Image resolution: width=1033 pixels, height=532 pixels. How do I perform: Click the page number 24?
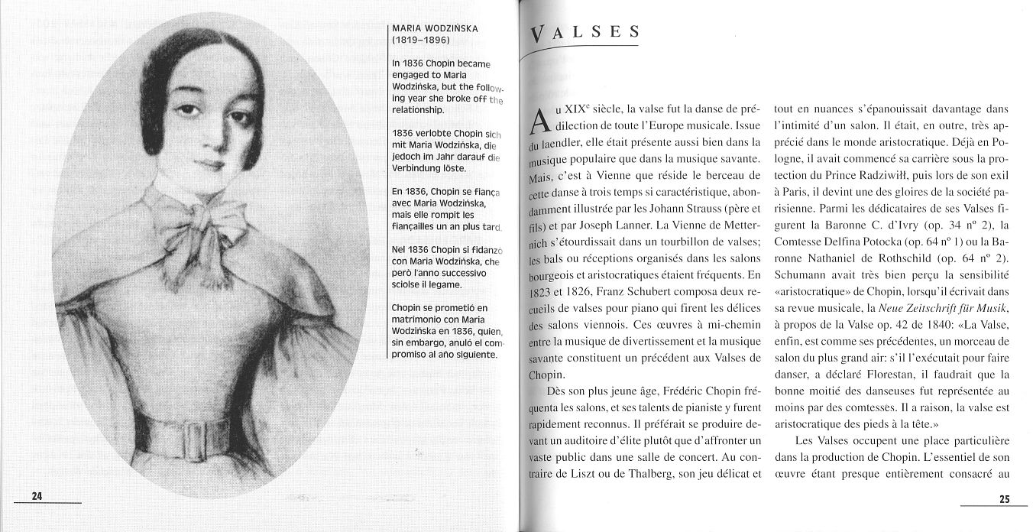pyautogui.click(x=36, y=496)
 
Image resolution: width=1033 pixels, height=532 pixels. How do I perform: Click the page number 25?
pyautogui.click(x=1004, y=499)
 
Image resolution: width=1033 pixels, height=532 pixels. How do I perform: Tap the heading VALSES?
pyautogui.click(x=585, y=33)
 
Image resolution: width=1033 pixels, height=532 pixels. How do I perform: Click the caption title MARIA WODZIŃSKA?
pyautogui.click(x=435, y=29)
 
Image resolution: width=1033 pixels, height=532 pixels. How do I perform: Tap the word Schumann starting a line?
pyautogui.click(x=799, y=274)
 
